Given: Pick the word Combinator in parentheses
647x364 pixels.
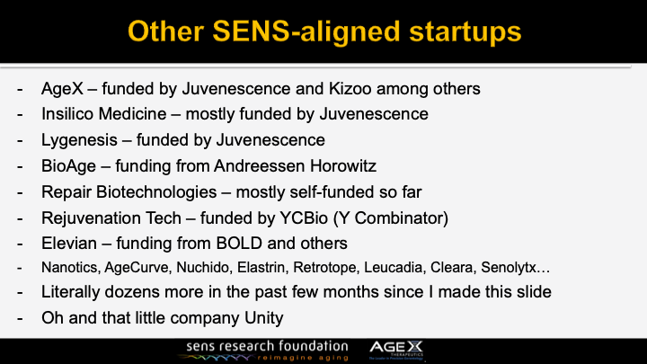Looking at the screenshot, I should [408, 217].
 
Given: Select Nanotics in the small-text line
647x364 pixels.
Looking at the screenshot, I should [68, 267].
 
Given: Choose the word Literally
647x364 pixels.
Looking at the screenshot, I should [71, 292].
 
